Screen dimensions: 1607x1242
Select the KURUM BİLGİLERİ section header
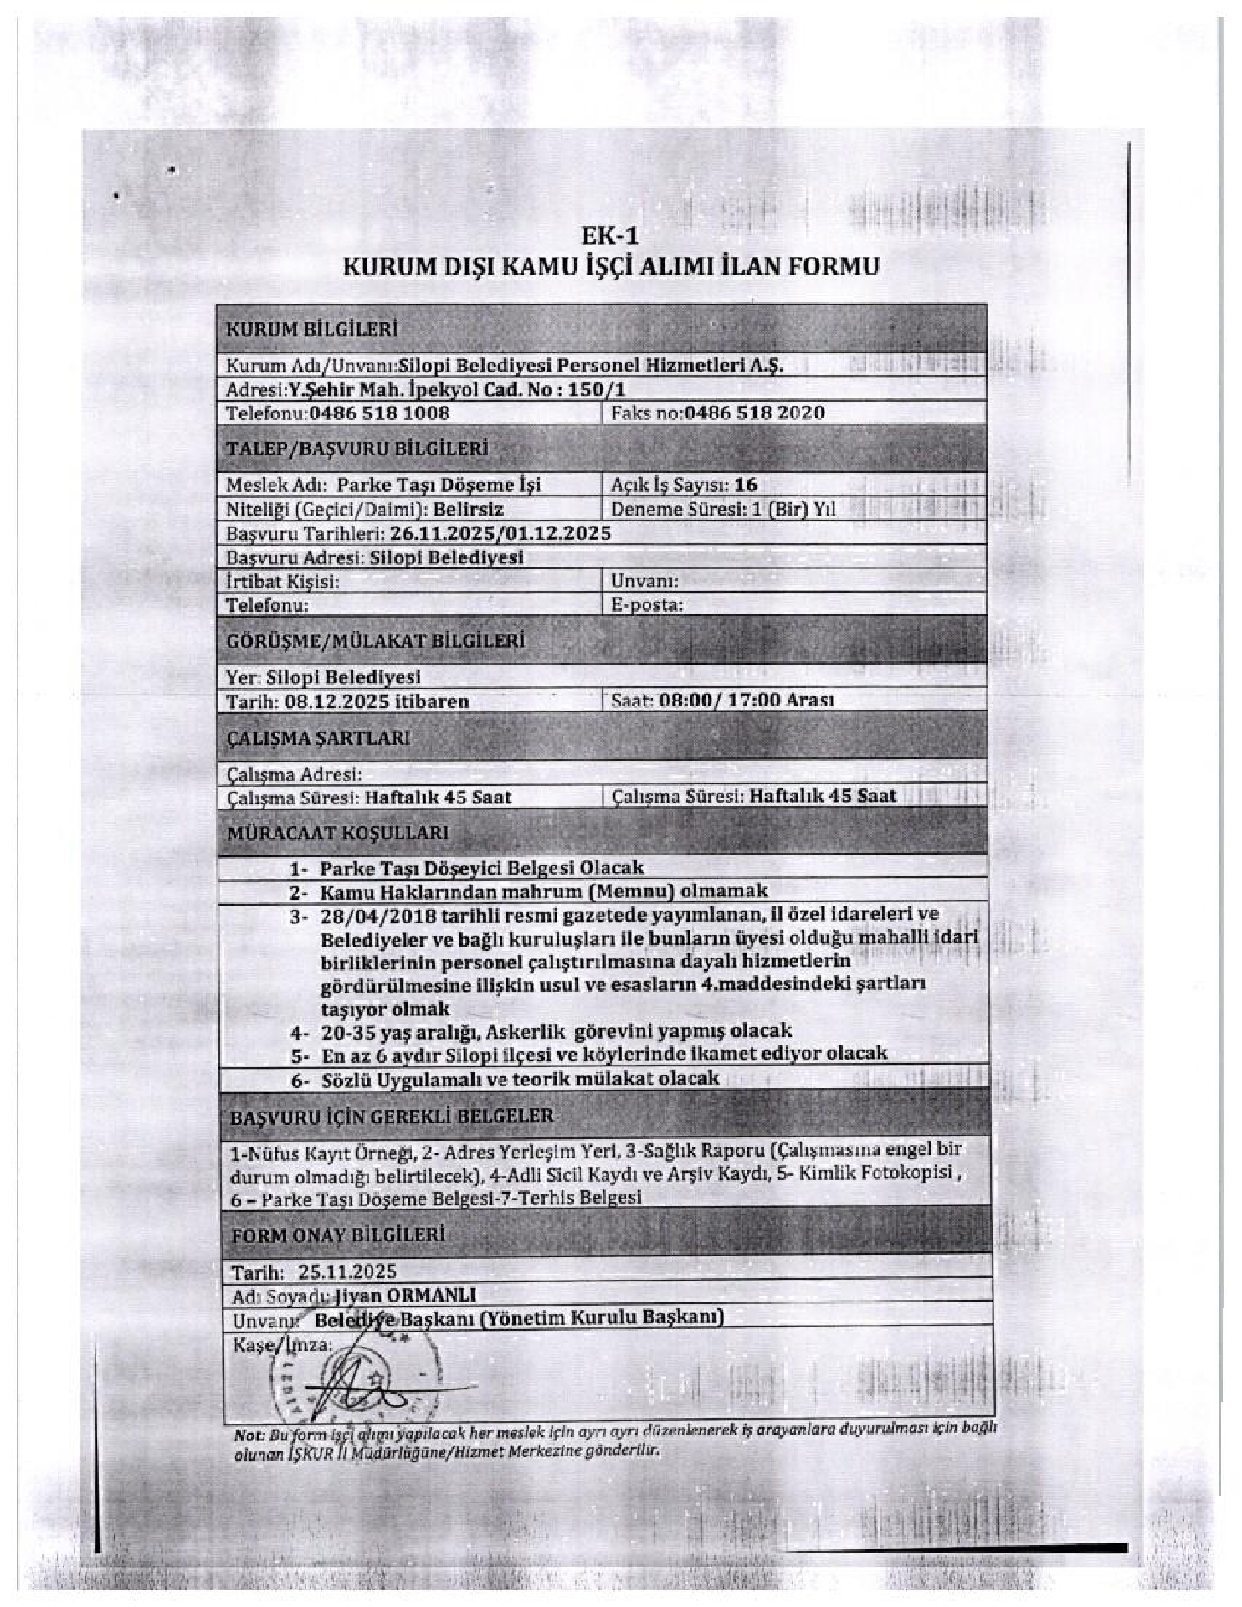click(x=311, y=330)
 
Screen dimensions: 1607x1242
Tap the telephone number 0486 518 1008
click(x=379, y=413)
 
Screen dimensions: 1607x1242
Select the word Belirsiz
click(x=468, y=509)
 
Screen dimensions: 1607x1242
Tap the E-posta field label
click(x=647, y=605)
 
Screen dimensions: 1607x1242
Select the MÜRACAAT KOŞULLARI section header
click(x=338, y=833)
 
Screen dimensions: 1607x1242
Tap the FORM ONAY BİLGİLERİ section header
click(x=338, y=1235)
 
